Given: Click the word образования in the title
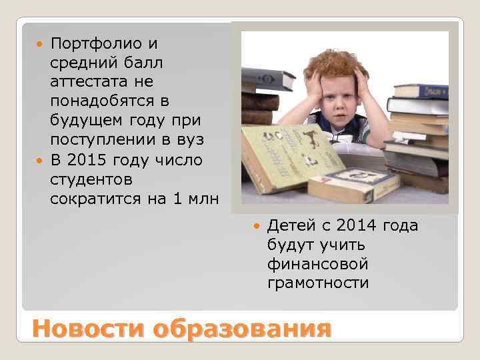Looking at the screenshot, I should tap(242, 329).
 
